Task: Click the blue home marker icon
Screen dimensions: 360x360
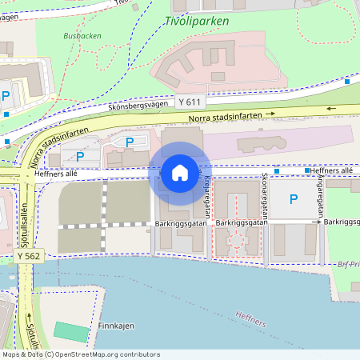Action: coord(179,173)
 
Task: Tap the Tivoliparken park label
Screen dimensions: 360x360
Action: coord(197,22)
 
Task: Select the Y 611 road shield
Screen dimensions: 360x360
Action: coord(190,102)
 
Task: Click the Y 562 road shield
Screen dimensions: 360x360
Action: coord(28,254)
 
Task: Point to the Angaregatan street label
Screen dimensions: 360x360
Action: coord(321,198)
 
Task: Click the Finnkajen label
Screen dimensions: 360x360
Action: coord(115,326)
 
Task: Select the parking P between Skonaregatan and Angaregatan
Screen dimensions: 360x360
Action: coord(293,199)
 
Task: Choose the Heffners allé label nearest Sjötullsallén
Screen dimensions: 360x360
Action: coord(56,173)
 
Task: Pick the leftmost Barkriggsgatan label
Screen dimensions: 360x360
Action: coord(182,224)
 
